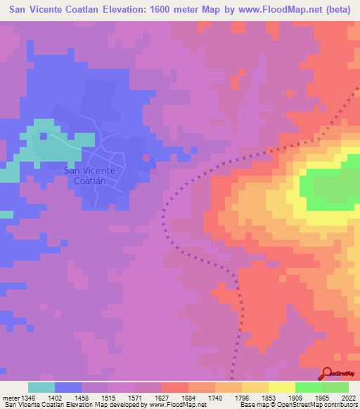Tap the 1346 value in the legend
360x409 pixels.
28,398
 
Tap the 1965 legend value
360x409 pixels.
322,398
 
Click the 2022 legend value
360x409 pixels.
348,398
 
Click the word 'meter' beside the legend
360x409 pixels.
11,398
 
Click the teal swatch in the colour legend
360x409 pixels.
41,387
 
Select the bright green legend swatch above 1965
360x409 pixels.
309,387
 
